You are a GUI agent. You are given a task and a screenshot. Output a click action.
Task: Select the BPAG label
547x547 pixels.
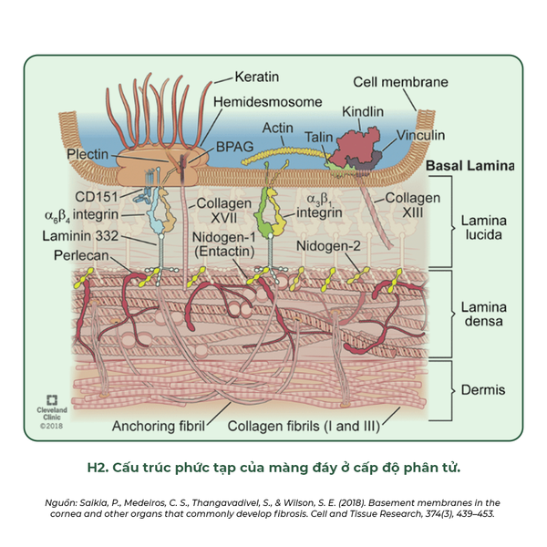(232, 145)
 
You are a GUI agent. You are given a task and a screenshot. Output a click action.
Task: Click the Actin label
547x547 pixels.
(277, 129)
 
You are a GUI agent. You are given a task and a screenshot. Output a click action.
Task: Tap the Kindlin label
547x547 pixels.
(363, 111)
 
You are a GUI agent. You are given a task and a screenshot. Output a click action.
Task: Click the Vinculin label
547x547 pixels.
(419, 135)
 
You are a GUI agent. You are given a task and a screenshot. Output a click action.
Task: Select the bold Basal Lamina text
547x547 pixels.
(470, 167)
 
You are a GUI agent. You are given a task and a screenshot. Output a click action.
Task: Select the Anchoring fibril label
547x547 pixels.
(158, 425)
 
